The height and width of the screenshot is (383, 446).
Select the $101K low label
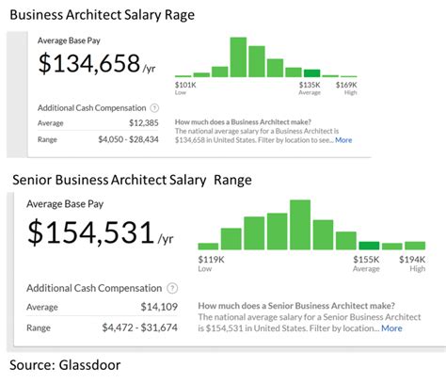185,86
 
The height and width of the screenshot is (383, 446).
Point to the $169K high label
349,86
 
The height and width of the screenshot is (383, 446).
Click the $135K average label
311,86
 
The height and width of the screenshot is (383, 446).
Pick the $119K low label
211,258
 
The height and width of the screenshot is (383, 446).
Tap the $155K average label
367,258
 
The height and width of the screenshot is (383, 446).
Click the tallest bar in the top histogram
238,57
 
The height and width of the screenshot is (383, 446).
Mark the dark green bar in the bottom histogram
369,245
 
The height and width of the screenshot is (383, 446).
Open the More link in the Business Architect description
343,140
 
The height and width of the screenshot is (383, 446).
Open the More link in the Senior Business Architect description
391,328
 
